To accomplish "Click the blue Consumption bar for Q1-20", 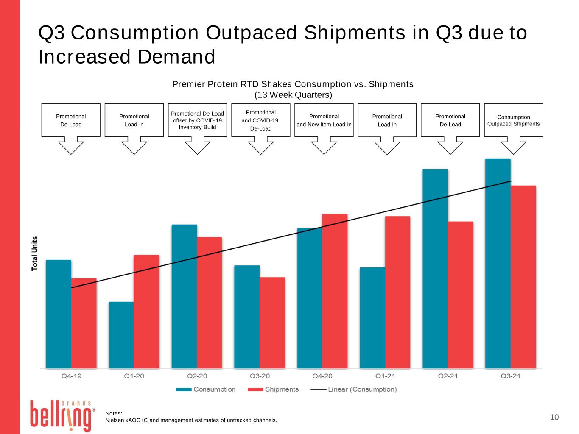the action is tap(121, 335).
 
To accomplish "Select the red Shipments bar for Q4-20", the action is tap(335, 291).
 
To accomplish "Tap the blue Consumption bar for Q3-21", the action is tap(498, 264).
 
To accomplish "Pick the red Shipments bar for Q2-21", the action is tap(460, 295).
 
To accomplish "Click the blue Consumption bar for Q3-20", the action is tap(247, 317).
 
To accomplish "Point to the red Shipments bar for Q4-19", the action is tap(84, 323).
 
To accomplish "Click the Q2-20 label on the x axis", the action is tap(197, 376).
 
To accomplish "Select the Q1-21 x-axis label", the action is tap(385, 376).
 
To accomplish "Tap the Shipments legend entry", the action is tap(273, 389).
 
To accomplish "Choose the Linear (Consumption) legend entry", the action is tap(354, 389).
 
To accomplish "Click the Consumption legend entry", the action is tap(206, 389).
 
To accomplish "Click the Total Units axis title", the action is tap(34, 253).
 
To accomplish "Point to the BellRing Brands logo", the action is tap(62, 416).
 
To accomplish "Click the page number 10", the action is tap(554, 417).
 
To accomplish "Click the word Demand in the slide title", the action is tap(176, 57).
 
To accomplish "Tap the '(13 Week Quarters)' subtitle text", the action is tap(293, 95).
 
